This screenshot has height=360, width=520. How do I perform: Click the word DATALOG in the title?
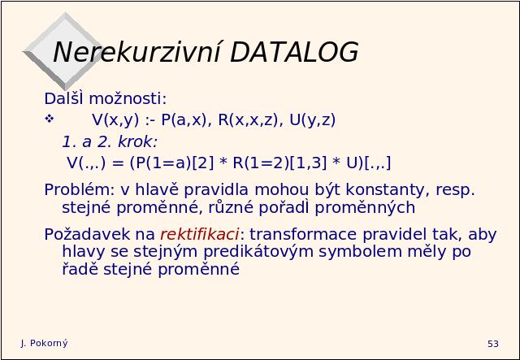[x=294, y=52]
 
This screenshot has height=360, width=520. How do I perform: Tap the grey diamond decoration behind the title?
[x=63, y=51]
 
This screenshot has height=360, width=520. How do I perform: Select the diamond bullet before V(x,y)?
[x=50, y=119]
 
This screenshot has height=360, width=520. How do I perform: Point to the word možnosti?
[x=128, y=98]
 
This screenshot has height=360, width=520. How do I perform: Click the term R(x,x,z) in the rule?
[x=248, y=119]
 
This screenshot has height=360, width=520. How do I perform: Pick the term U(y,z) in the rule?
[x=312, y=119]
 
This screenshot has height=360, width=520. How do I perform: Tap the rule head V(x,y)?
[x=115, y=119]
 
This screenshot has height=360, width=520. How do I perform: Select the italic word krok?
[x=137, y=141]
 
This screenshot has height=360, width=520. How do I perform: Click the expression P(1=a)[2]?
[x=171, y=163]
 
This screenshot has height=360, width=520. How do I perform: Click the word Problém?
[x=80, y=189]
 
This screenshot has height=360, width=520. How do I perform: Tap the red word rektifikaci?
[x=199, y=234]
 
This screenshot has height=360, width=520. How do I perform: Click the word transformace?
[x=303, y=234]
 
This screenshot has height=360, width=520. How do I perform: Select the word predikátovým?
[x=258, y=251]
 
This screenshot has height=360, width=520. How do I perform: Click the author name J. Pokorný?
[x=44, y=343]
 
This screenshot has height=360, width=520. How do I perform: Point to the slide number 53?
[x=493, y=344]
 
